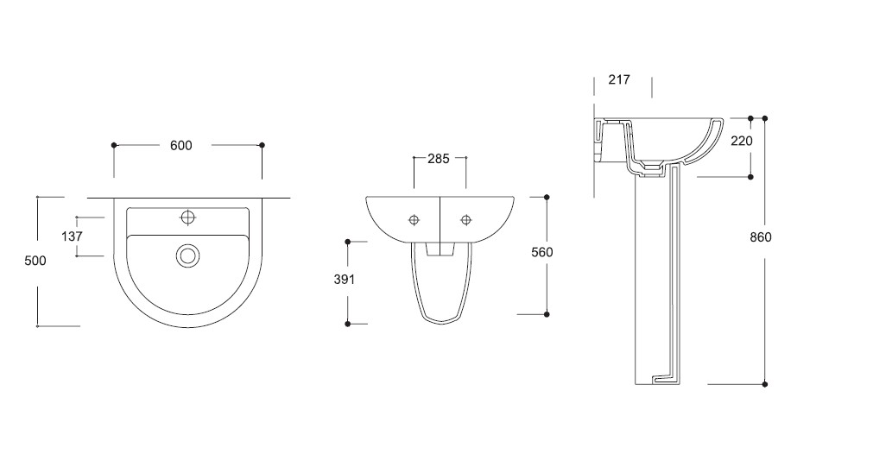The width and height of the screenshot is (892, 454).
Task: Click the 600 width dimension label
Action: coord(180,146)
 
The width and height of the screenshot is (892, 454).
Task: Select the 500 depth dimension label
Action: coord(35,261)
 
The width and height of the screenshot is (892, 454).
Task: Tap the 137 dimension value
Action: coord(72,236)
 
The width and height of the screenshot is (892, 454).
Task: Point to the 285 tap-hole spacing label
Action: coord(439,159)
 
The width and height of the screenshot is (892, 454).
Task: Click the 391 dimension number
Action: coord(344,280)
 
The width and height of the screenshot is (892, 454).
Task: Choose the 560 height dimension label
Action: coord(541,252)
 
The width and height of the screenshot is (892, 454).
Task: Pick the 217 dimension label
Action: coord(619,79)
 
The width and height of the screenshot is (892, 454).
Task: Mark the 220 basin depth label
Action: coord(742,141)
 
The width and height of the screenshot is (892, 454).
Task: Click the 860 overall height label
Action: coord(761,237)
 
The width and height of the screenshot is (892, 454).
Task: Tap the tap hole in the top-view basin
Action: coord(187,218)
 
